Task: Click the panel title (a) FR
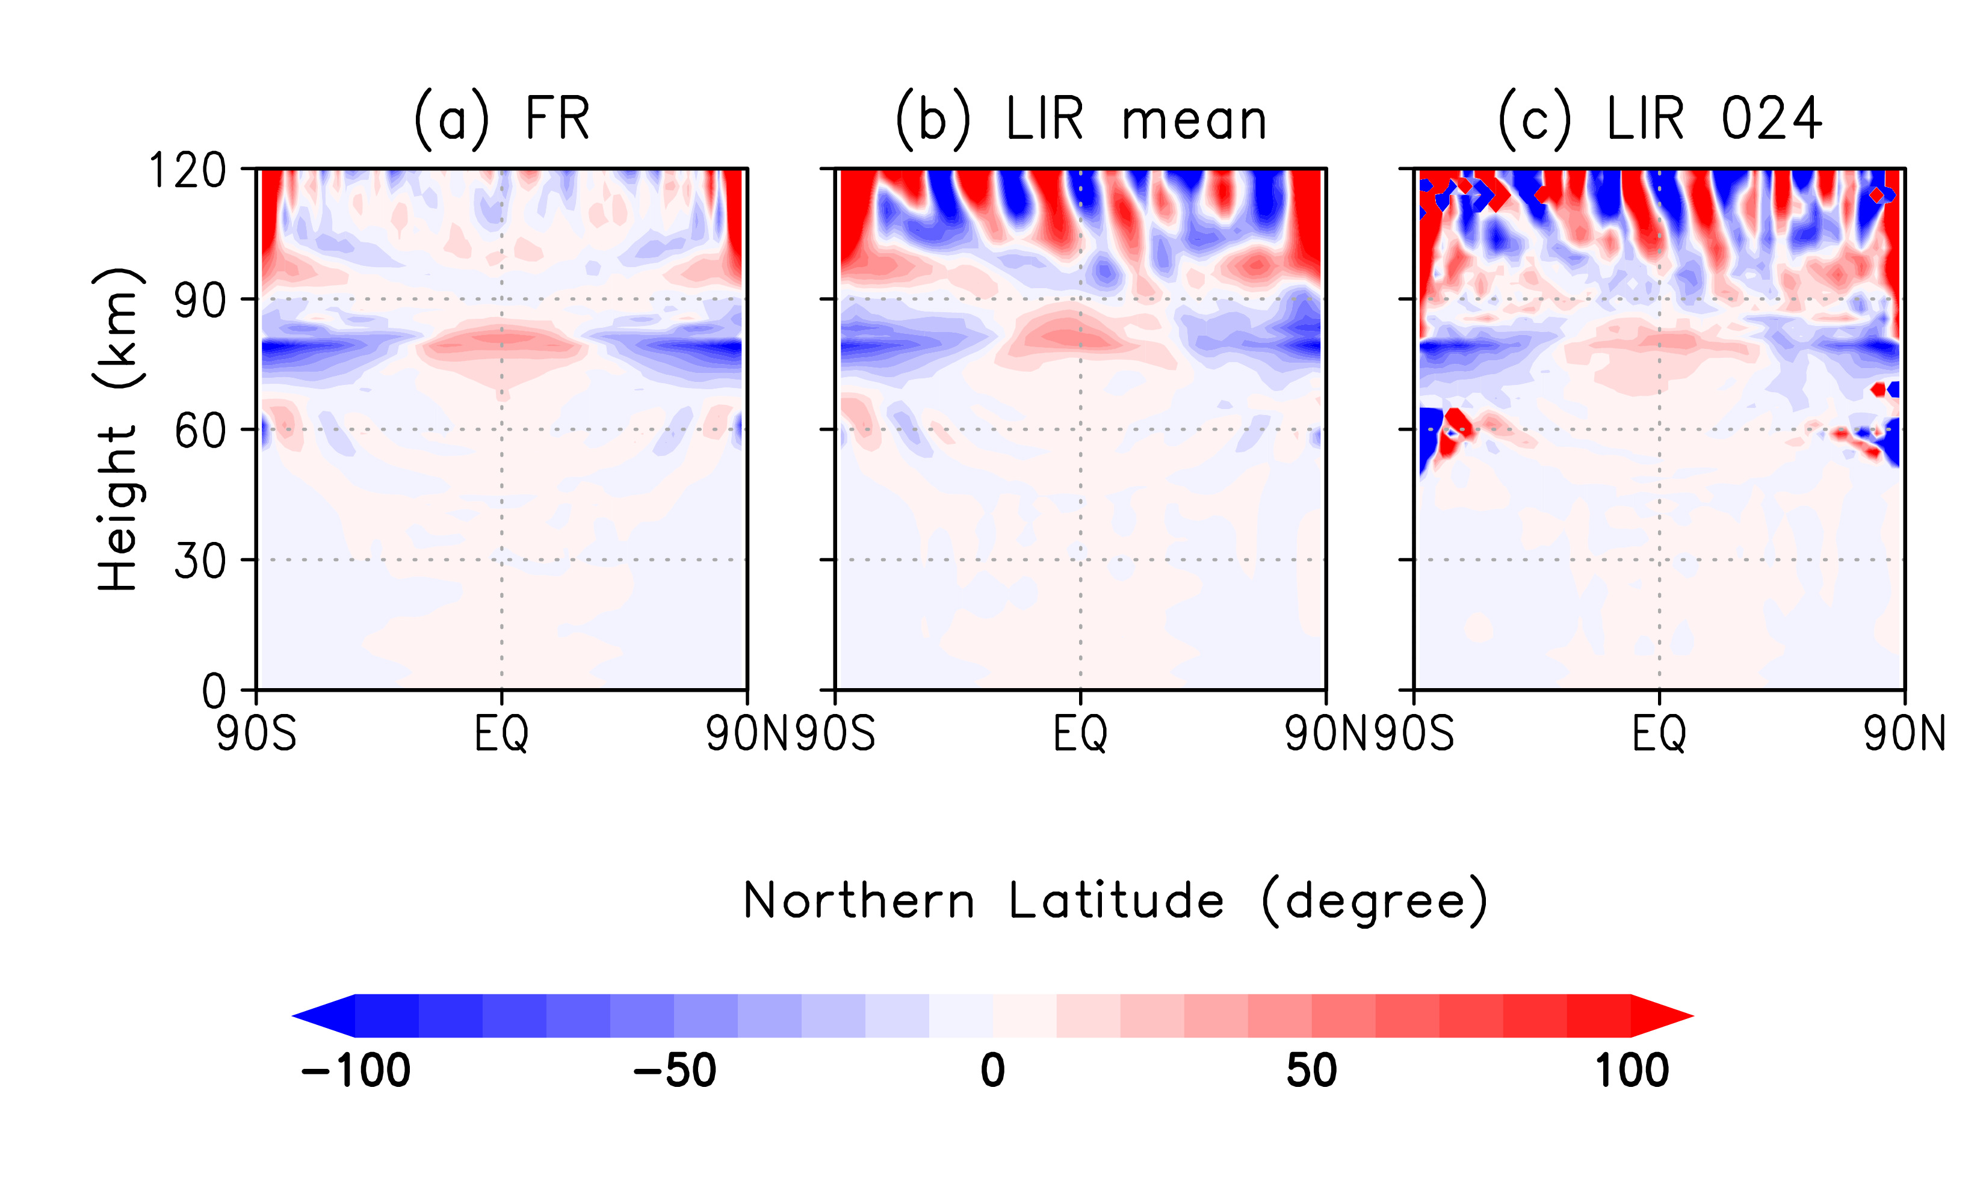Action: pyautogui.click(x=501, y=119)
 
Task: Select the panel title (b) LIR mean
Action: pyautogui.click(x=1081, y=119)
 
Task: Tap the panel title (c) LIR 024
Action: pyautogui.click(x=1660, y=119)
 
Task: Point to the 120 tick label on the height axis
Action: pyautogui.click(x=188, y=171)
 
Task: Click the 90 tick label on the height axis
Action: pyautogui.click(x=200, y=301)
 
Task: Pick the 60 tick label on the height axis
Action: pyautogui.click(x=200, y=431)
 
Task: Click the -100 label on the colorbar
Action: pyautogui.click(x=356, y=1072)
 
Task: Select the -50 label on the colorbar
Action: pyautogui.click(x=675, y=1072)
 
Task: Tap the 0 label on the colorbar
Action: pyautogui.click(x=993, y=1072)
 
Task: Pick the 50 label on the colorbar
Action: pyautogui.click(x=1311, y=1072)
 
